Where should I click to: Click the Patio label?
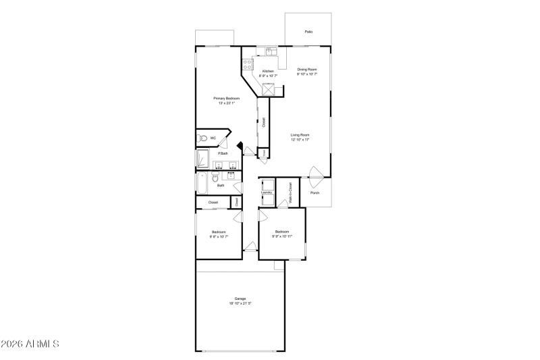pyautogui.click(x=308, y=32)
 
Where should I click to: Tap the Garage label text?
pyautogui.click(x=240, y=298)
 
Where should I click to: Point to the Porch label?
pyautogui.click(x=315, y=193)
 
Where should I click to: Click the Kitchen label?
pyautogui.click(x=268, y=71)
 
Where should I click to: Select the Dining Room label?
pyautogui.click(x=307, y=69)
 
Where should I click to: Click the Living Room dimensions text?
pyautogui.click(x=300, y=140)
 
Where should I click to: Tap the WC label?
pyautogui.click(x=213, y=138)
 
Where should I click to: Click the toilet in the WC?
pyautogui.click(x=201, y=138)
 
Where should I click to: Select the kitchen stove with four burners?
pyautogui.click(x=248, y=66)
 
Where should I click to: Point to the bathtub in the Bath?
pyautogui.click(x=202, y=183)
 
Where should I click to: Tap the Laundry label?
pyautogui.click(x=266, y=192)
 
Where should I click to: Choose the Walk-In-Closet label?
pyautogui.click(x=290, y=192)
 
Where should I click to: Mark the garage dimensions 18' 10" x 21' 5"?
pyautogui.click(x=240, y=303)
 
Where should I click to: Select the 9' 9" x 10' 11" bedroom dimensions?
pyautogui.click(x=282, y=236)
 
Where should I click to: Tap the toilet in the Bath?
pyautogui.click(x=215, y=178)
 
